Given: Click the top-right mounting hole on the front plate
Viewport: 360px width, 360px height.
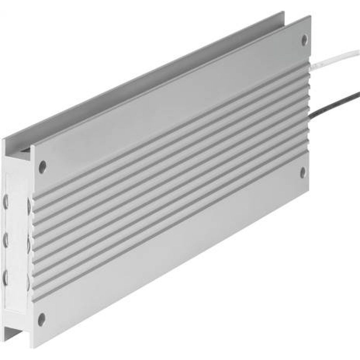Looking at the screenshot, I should [x=304, y=39].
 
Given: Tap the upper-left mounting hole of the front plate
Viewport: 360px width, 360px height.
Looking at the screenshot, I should [x=42, y=167].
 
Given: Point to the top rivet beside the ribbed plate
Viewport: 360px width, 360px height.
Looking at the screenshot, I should [x=29, y=205].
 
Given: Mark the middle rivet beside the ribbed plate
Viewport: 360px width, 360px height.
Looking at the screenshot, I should [x=29, y=244].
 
